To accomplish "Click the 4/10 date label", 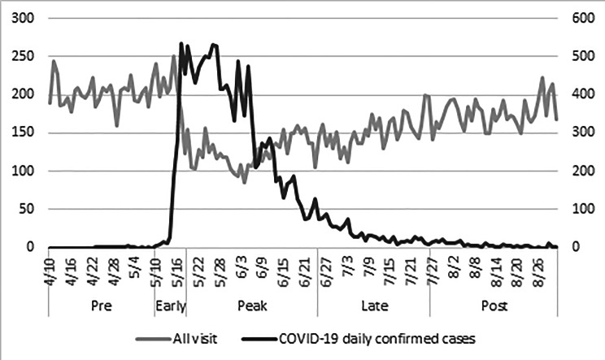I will [x=50, y=266].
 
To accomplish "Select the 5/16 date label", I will [x=176, y=266].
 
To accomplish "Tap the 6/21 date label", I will [x=302, y=266].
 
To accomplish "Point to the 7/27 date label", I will [x=429, y=266].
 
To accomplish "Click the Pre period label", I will [x=101, y=306].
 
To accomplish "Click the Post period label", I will [x=493, y=306].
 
